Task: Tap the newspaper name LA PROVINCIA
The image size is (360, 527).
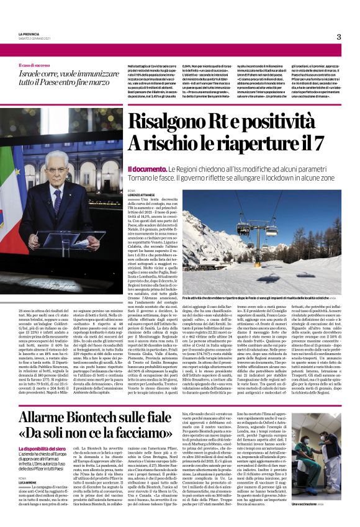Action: point(29,34)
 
